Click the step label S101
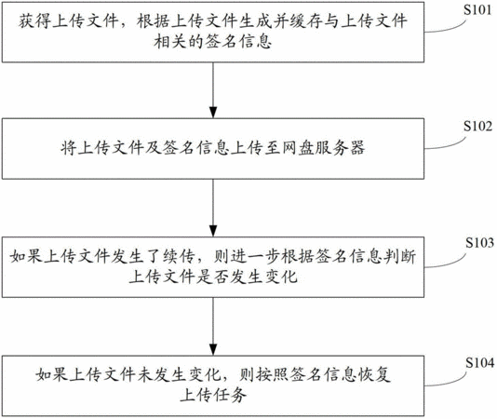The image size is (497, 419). click(477, 10)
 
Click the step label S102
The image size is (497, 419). click(478, 127)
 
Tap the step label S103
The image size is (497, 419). click(479, 243)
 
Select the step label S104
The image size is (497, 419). click(479, 363)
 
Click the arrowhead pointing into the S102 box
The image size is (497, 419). click(213, 113)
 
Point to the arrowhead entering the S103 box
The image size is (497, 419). click(213, 231)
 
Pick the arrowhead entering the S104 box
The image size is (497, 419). click(213, 349)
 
